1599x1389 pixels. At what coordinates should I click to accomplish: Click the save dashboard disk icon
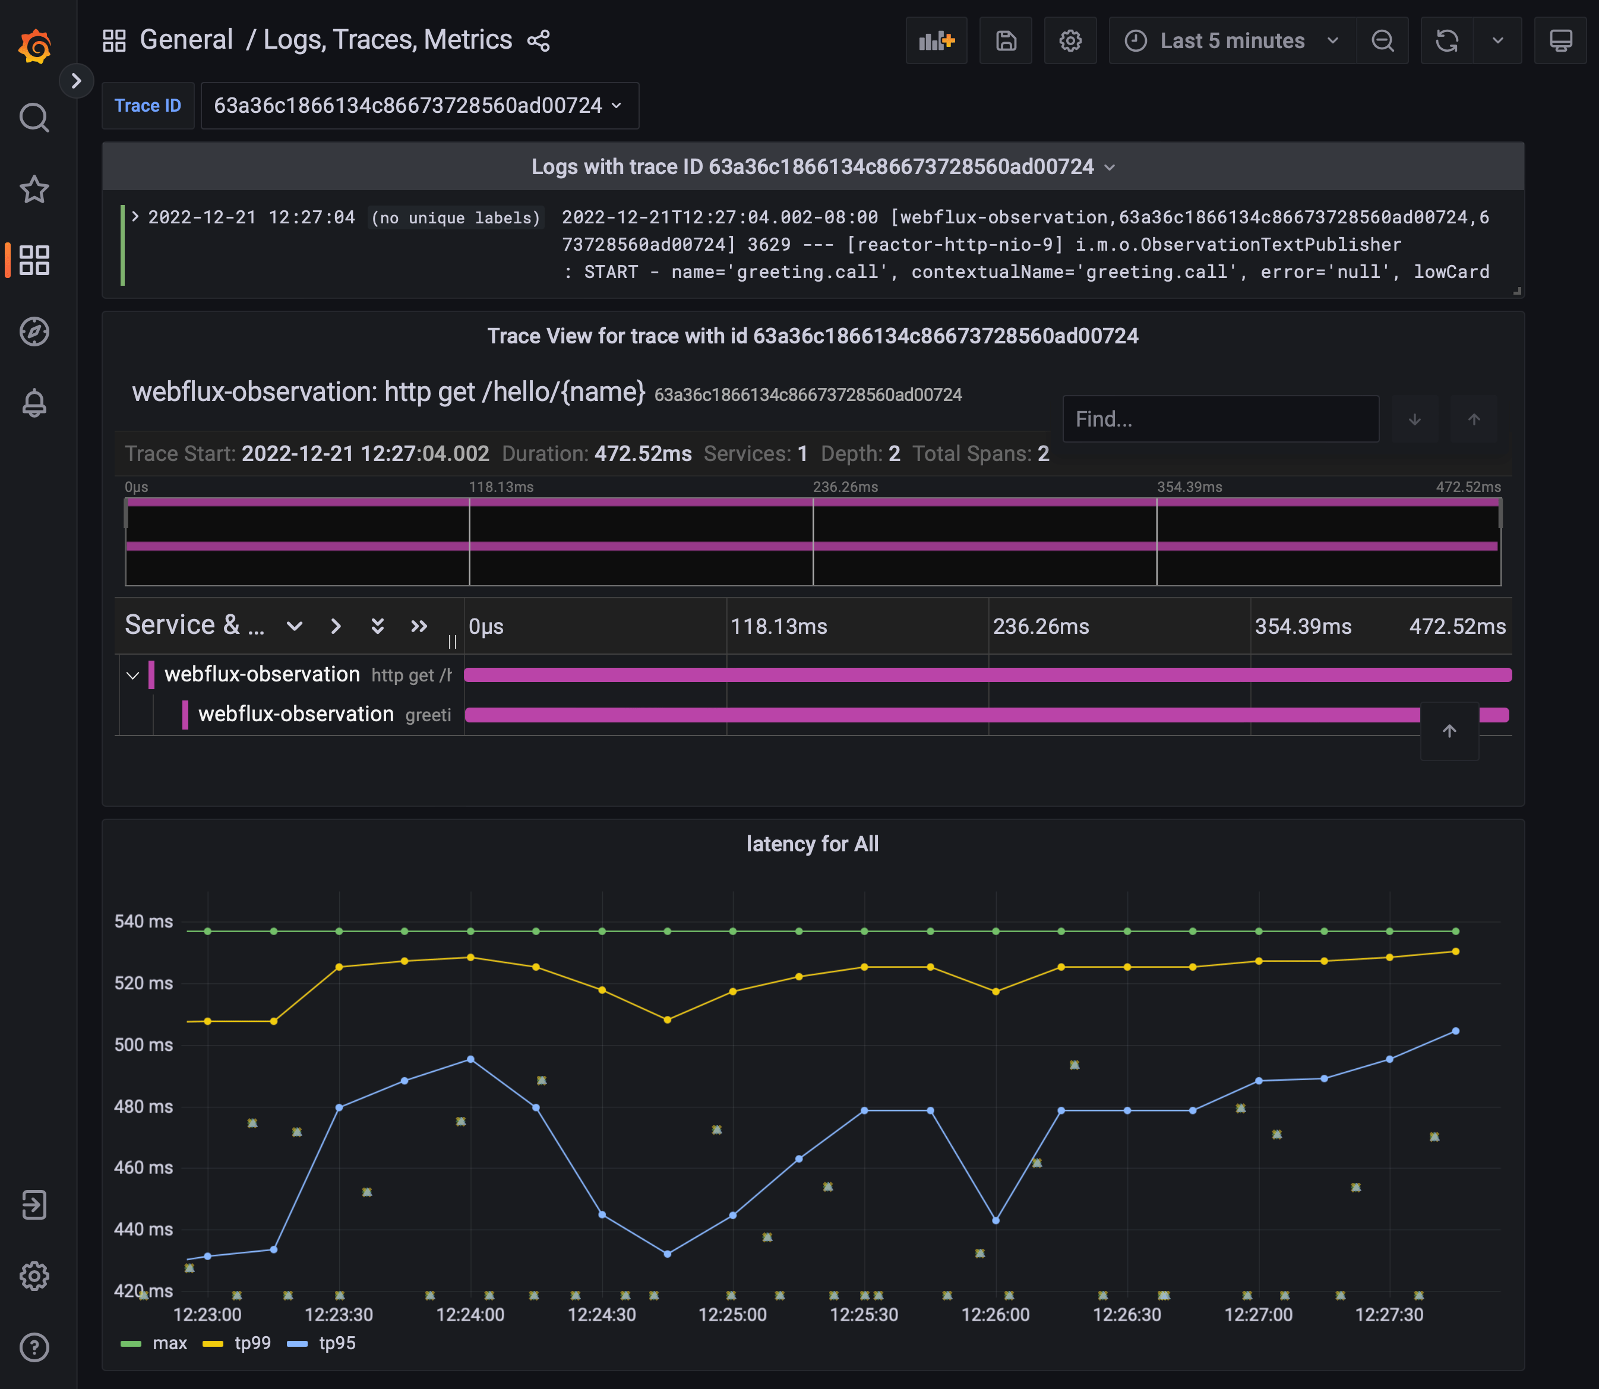point(1005,40)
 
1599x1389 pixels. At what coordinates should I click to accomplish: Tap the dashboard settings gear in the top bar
point(1070,40)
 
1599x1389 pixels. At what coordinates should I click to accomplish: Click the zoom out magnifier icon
point(1382,40)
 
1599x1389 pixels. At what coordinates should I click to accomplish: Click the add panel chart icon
point(936,40)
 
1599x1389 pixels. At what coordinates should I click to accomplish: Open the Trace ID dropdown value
point(419,105)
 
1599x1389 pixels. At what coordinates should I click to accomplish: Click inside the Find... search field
point(1220,419)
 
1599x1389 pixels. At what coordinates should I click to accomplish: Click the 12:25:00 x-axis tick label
point(732,1315)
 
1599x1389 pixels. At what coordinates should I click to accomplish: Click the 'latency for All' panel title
point(811,844)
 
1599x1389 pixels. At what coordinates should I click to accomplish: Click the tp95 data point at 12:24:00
point(470,1060)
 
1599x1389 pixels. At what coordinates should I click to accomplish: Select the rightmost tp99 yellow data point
point(1455,952)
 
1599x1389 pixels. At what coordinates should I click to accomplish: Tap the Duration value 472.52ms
point(643,453)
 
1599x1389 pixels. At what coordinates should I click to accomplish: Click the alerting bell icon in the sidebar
point(34,403)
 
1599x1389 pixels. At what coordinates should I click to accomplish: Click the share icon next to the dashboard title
point(538,40)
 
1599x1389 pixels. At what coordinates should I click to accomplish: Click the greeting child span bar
point(930,715)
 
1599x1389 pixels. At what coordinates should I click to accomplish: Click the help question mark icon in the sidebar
point(34,1347)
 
